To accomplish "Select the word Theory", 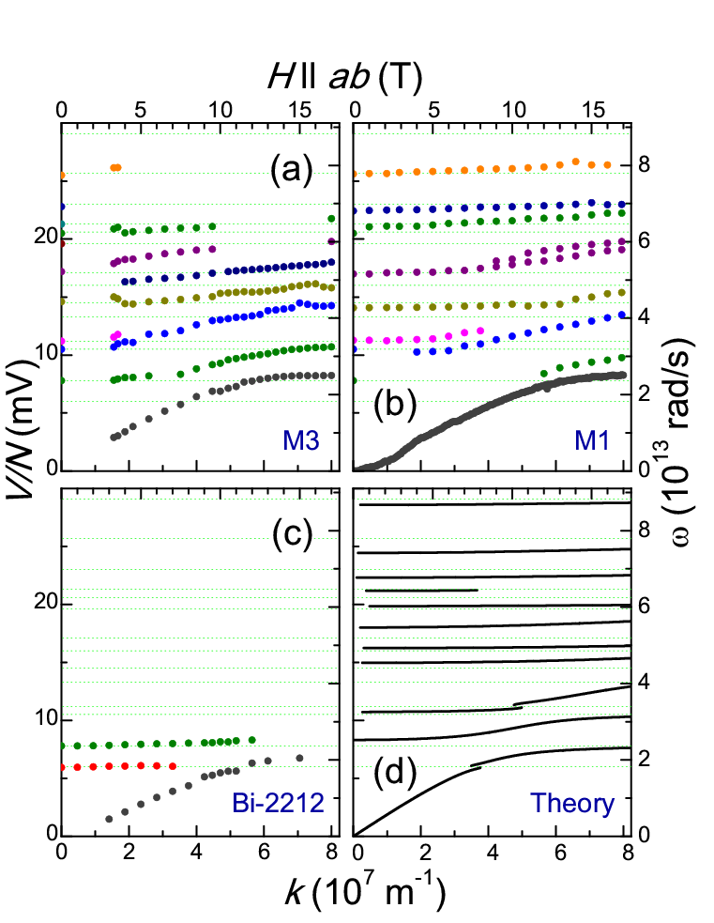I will (x=572, y=804).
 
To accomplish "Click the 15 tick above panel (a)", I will (x=297, y=109).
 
